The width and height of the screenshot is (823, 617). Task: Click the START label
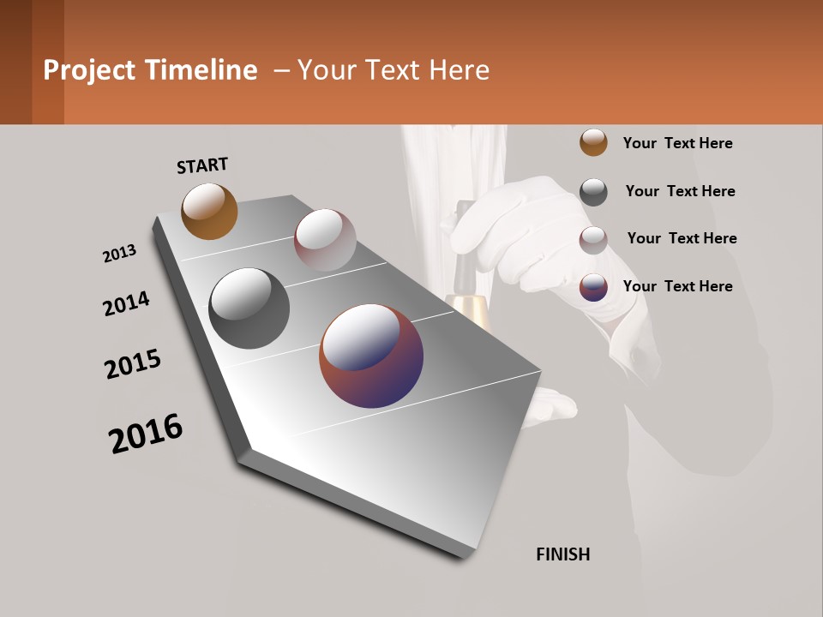202,165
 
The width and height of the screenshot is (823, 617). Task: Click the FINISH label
563,554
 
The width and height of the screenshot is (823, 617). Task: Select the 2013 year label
119,254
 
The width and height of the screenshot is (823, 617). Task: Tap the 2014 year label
126,303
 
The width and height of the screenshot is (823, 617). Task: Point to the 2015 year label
133,364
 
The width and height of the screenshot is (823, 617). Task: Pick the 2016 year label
146,434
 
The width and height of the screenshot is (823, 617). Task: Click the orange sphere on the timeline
209,211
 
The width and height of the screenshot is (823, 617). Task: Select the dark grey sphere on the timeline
249,308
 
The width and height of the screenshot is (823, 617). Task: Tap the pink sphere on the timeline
325,240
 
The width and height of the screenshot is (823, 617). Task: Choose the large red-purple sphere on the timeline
371,356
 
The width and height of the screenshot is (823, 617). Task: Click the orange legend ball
593,142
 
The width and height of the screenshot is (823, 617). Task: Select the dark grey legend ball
593,192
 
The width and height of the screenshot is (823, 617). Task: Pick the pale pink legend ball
593,240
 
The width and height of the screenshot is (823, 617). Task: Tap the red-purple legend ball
593,287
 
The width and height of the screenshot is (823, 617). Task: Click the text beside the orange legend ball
677,144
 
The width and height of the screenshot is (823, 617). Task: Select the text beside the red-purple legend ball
677,286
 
